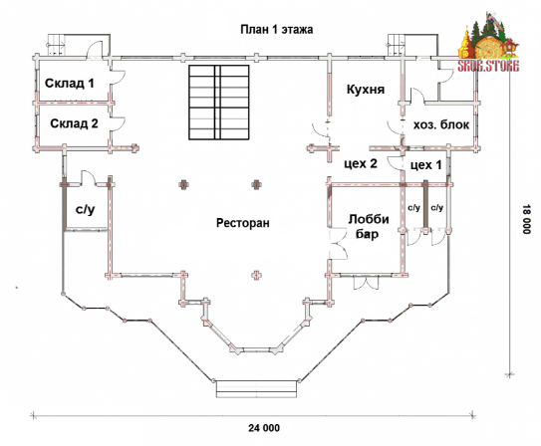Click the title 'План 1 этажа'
tap(277, 29)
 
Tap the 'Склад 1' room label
tap(70, 83)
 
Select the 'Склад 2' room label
tap(74, 123)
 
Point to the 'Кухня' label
tap(366, 90)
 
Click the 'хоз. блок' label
tap(441, 124)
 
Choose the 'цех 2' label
tap(361, 163)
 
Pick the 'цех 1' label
tap(425, 165)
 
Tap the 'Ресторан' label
tap(242, 223)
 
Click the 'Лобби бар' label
tap(369, 226)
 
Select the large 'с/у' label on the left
tap(85, 209)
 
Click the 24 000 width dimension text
tap(264, 428)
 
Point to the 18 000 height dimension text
tap(526, 220)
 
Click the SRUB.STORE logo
tap(488, 43)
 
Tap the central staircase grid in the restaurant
tap(219, 103)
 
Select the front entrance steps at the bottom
tap(256, 389)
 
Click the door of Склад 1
tap(118, 78)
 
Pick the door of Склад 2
tap(118, 124)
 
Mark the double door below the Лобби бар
tap(366, 283)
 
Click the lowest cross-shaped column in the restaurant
tap(256, 275)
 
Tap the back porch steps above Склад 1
tap(56, 45)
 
